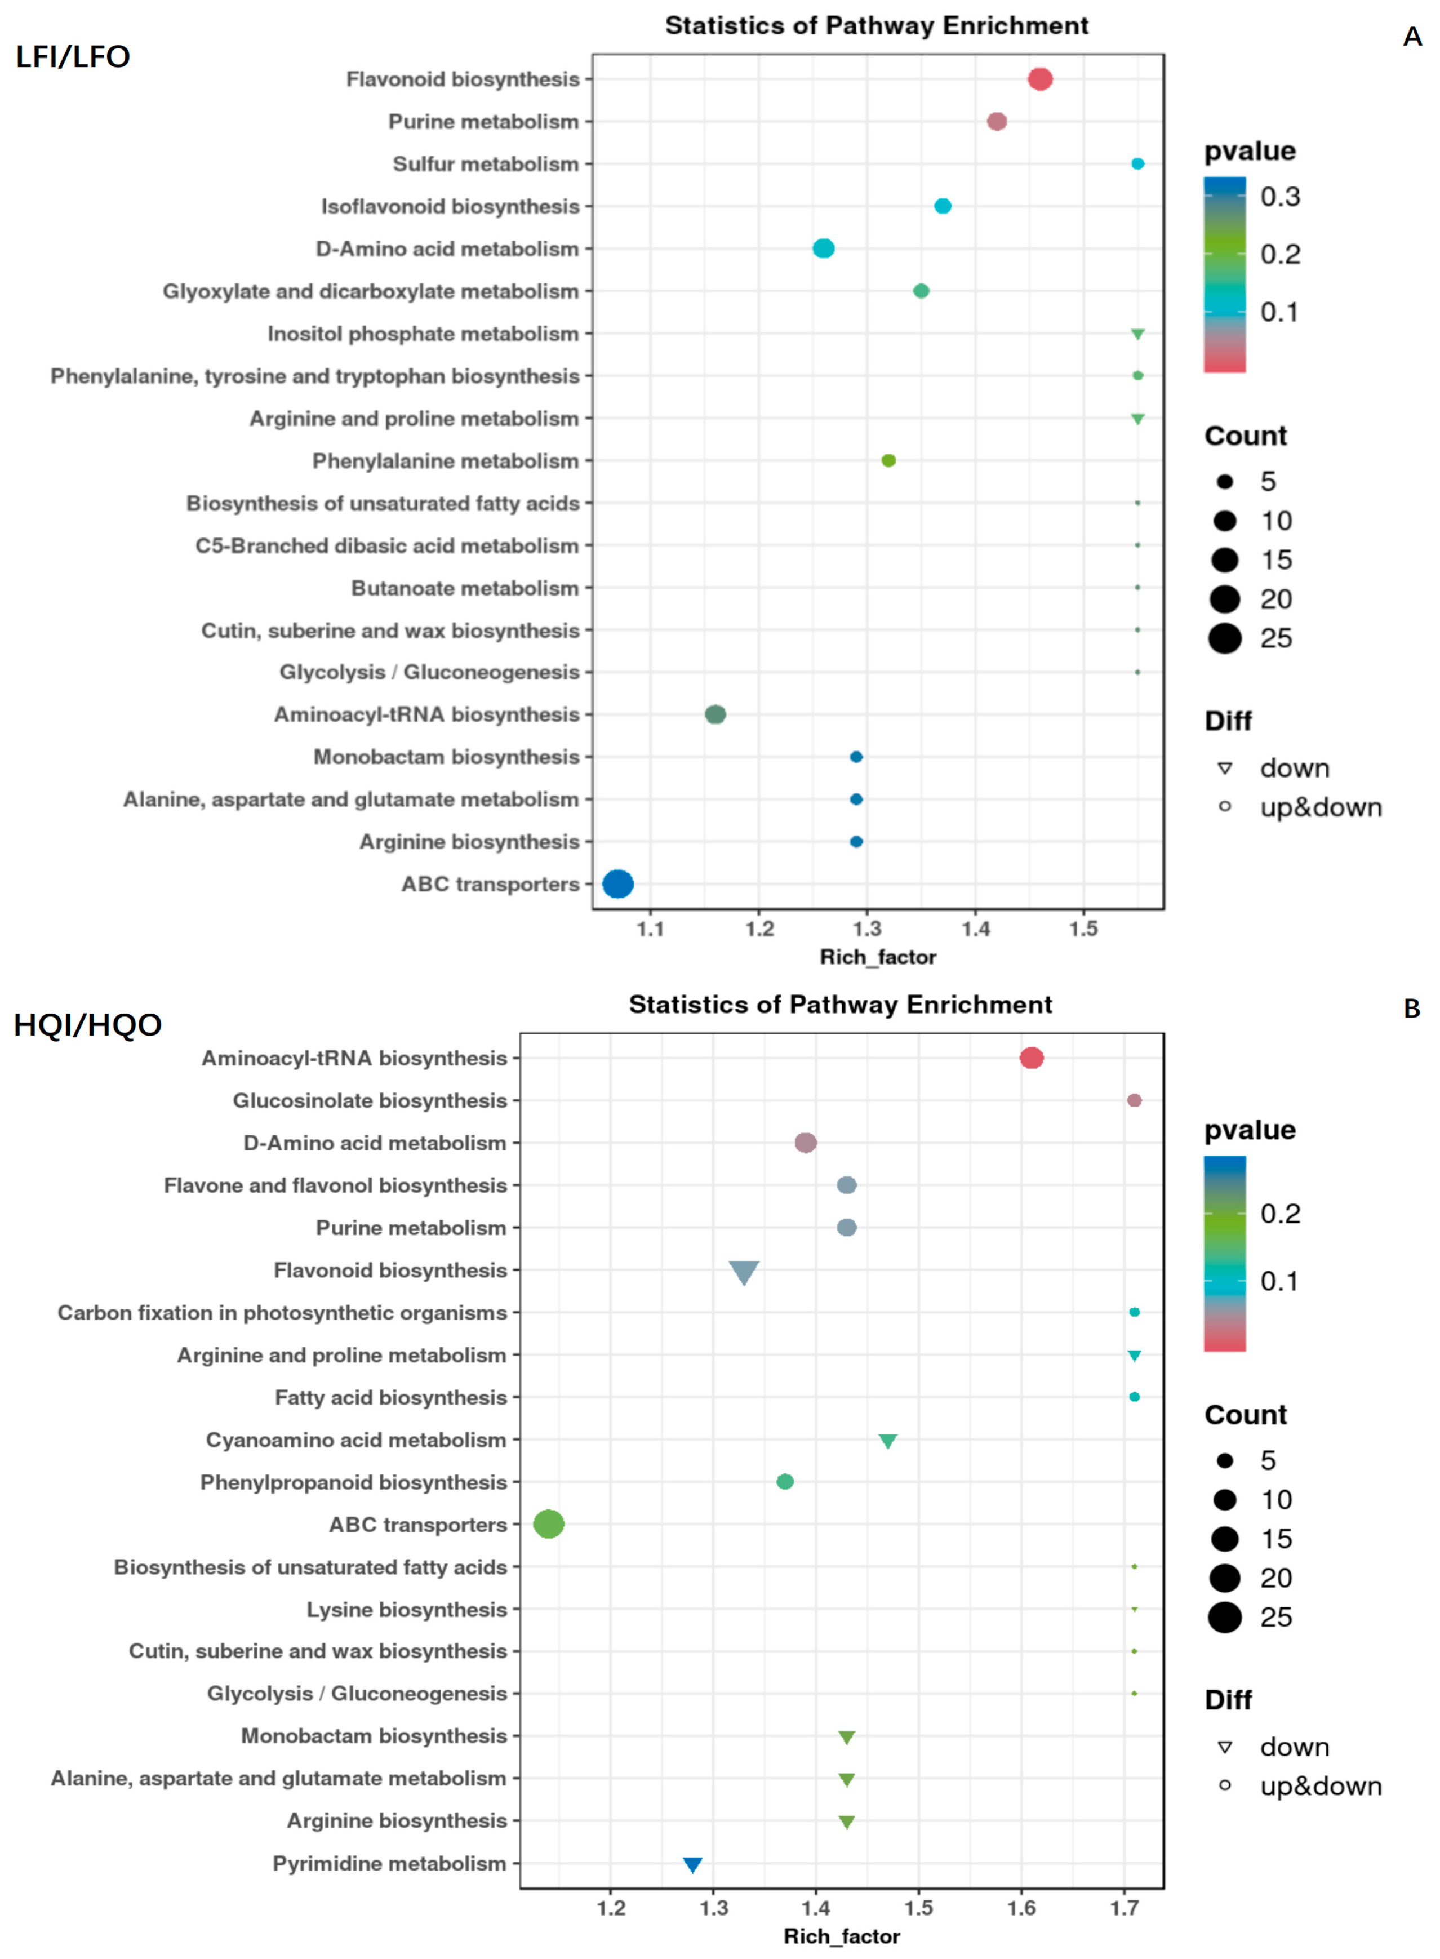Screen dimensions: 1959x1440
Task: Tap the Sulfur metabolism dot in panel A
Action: pos(1137,164)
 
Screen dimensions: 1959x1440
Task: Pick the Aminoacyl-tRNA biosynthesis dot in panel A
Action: pos(715,714)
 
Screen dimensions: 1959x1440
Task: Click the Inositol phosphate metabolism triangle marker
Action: pos(1137,334)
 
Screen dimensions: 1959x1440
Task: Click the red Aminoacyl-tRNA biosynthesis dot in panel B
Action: pos(1031,1058)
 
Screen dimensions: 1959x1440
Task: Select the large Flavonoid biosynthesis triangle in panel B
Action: pos(744,1272)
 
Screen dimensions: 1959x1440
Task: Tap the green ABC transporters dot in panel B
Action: pos(548,1524)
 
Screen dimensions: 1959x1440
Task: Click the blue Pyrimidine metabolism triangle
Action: pos(692,1864)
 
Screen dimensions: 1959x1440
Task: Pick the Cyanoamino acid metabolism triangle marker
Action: pos(887,1440)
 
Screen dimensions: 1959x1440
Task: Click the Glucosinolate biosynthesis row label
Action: pos(370,1100)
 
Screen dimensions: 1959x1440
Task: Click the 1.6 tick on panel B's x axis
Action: pos(1021,1908)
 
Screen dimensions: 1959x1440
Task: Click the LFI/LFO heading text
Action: pos(73,57)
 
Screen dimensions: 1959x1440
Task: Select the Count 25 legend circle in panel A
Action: pos(1225,638)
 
